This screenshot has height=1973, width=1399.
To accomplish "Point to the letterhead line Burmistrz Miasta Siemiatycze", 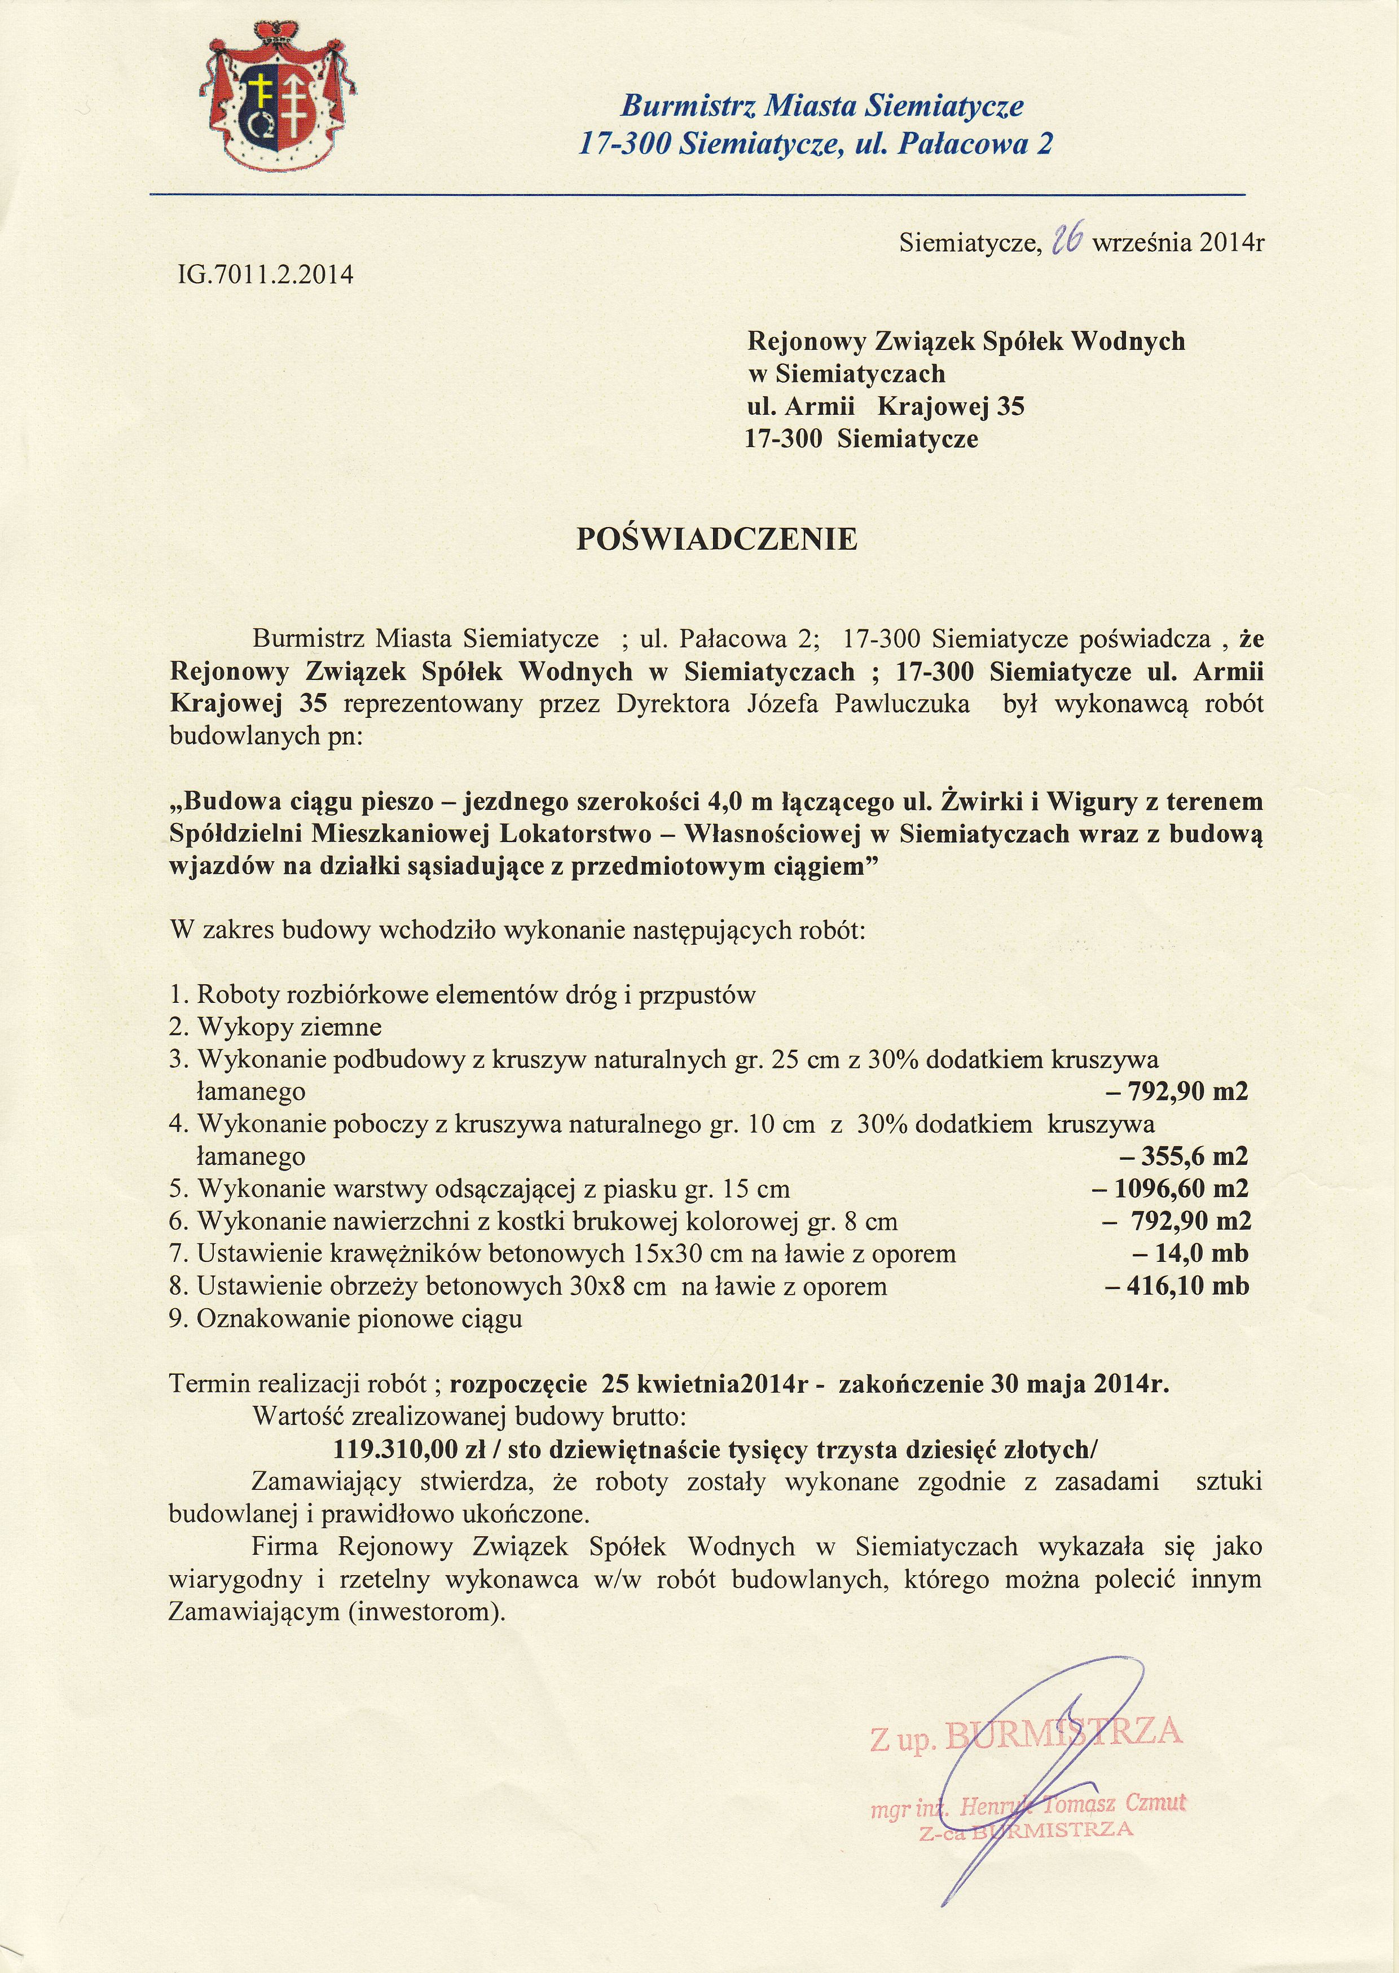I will (822, 106).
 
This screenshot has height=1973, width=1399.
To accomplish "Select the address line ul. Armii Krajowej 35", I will (886, 407).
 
